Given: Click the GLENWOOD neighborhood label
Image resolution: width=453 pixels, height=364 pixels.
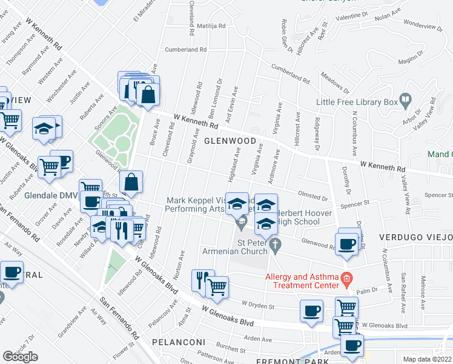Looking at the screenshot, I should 230,141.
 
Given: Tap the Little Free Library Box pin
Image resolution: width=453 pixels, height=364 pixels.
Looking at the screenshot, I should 405,99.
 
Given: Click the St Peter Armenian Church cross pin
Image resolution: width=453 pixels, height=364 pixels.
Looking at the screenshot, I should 276,246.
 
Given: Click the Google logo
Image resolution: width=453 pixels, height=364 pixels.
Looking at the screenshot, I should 20,356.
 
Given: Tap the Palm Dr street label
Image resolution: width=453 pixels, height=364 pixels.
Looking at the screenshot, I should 367,291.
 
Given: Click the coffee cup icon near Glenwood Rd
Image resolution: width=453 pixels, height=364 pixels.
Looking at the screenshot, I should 347,244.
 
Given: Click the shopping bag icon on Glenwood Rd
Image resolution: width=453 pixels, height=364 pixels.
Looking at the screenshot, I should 131,182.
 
